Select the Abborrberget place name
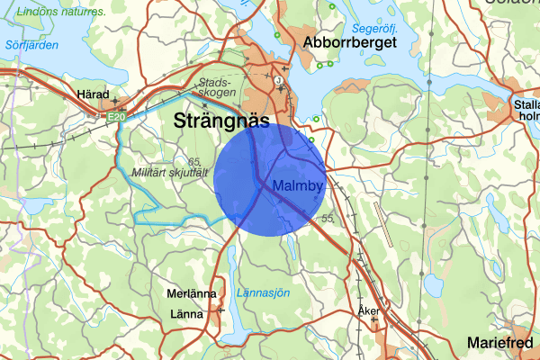[350, 42]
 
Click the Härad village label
[93, 94]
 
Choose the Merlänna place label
[192, 294]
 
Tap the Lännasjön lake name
[263, 292]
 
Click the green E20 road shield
[113, 117]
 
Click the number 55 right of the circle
[328, 218]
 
